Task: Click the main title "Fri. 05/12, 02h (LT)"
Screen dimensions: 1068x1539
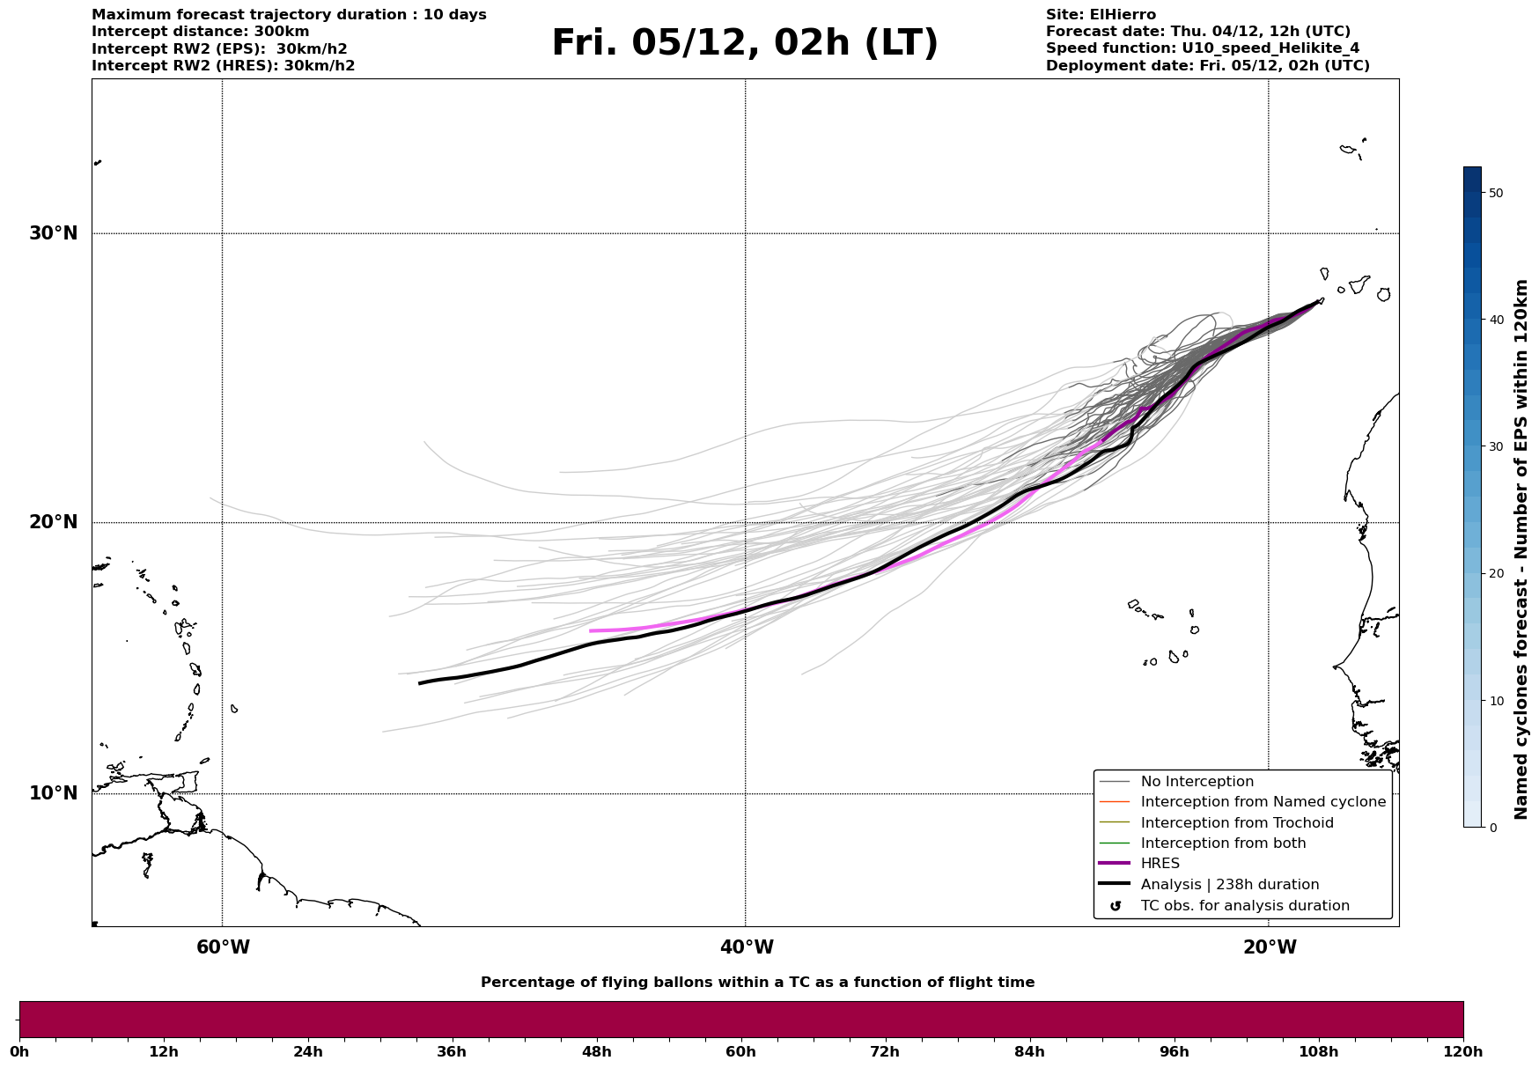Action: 745,44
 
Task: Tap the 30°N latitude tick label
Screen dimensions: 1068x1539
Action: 53,233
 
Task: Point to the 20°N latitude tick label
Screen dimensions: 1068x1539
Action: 53,522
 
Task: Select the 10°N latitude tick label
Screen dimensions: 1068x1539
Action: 53,793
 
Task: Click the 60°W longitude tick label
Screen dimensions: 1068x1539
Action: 223,947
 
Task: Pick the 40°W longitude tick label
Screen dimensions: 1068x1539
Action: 747,947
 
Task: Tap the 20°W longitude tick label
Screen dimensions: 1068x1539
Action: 1270,947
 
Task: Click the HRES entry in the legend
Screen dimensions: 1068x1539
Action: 1160,864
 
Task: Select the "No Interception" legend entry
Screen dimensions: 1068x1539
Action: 1197,782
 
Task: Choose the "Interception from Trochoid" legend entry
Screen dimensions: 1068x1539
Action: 1236,823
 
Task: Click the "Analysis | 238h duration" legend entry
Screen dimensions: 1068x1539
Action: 1229,885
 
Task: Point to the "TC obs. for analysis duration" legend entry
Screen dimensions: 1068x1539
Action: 1244,906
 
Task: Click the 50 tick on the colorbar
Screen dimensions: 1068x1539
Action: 1496,193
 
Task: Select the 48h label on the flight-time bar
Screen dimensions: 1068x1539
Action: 596,1052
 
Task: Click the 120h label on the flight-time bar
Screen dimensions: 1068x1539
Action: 1462,1052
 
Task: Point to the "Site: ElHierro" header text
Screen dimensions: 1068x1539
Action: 1101,15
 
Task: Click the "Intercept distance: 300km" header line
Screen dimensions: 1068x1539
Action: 200,32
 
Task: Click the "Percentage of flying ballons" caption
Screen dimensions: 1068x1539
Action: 757,983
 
